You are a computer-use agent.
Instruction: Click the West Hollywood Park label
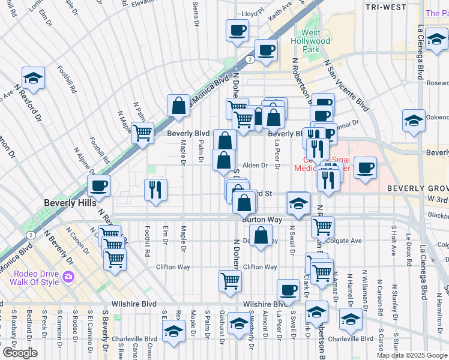tap(315, 41)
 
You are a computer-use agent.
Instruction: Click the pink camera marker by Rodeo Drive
tap(68, 276)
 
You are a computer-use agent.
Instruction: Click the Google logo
tap(20, 352)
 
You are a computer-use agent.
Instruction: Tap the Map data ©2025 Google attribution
tap(412, 355)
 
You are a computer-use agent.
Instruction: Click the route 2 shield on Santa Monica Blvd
tap(249, 59)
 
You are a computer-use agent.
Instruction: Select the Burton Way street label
tap(262, 220)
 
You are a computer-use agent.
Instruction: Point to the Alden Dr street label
tap(255, 165)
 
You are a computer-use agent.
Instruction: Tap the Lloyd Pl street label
tap(252, 12)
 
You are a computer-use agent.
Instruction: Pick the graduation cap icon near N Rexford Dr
tap(33, 77)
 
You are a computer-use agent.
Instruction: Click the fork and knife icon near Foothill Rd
tap(155, 190)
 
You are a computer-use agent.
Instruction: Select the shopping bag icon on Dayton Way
tap(261, 235)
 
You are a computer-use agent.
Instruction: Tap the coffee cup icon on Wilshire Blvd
tap(289, 289)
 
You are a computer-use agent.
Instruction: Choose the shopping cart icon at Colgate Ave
tap(323, 226)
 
